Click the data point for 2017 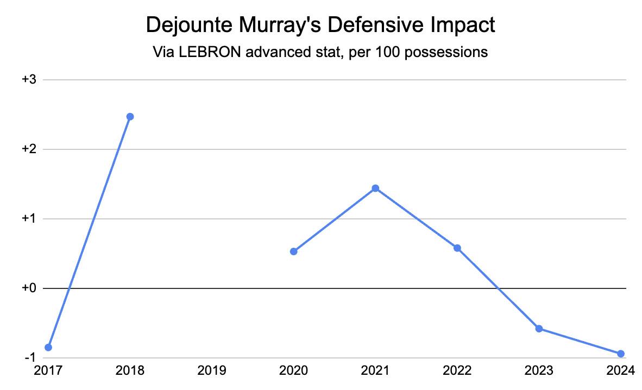[x=48, y=347]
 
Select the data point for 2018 [x=130, y=117]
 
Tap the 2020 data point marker [x=294, y=251]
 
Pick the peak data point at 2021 [x=375, y=188]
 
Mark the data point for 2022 [x=457, y=248]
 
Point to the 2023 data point [x=539, y=329]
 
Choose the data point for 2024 [x=621, y=354]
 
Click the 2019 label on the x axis [x=212, y=370]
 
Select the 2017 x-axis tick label [x=48, y=370]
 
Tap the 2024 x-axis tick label [x=621, y=370]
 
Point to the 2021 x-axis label [x=375, y=370]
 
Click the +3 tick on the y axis [x=29, y=80]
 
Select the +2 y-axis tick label [x=29, y=149]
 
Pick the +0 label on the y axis [x=29, y=288]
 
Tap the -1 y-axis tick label [x=30, y=358]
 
